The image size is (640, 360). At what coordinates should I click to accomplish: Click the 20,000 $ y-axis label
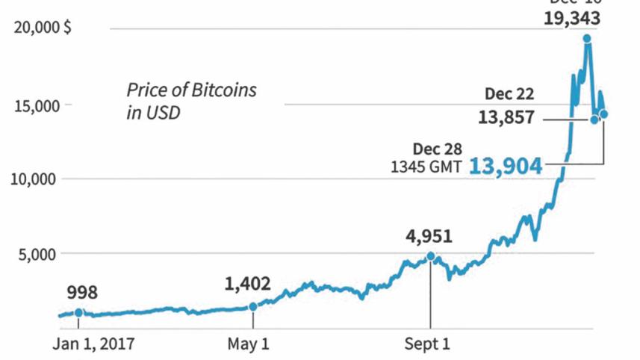click(x=43, y=28)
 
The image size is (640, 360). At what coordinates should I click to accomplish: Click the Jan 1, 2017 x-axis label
click(x=94, y=345)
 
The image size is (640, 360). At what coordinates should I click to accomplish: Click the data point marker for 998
click(x=79, y=313)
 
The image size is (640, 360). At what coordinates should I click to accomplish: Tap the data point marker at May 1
click(x=253, y=306)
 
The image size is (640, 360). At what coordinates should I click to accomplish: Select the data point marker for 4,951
click(x=431, y=256)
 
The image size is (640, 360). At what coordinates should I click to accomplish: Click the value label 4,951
click(x=429, y=238)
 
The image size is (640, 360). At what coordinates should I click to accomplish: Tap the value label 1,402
click(x=247, y=284)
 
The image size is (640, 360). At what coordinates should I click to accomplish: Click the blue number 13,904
click(x=506, y=167)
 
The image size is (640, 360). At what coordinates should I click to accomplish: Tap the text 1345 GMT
click(x=426, y=167)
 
